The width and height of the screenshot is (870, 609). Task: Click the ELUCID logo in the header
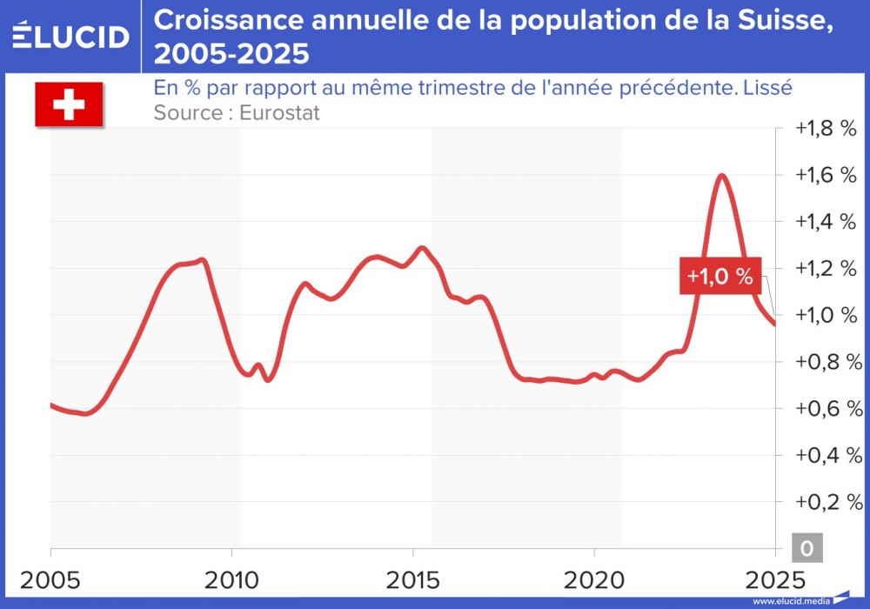[x=70, y=37]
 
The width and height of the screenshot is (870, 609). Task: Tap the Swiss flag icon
[x=69, y=105]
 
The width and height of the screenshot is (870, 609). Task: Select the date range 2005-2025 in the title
[x=231, y=55]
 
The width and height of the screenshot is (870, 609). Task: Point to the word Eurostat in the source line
[x=278, y=112]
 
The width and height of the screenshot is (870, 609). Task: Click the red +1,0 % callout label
[x=719, y=277]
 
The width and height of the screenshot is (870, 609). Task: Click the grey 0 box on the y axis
[x=806, y=549]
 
